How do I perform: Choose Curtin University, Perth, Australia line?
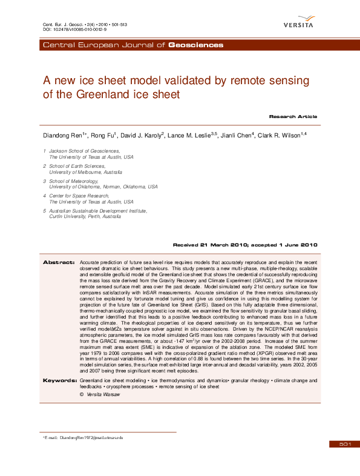[x=85, y=216]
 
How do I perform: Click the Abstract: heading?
[x=58, y=262]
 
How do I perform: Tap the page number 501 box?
[x=345, y=444]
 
